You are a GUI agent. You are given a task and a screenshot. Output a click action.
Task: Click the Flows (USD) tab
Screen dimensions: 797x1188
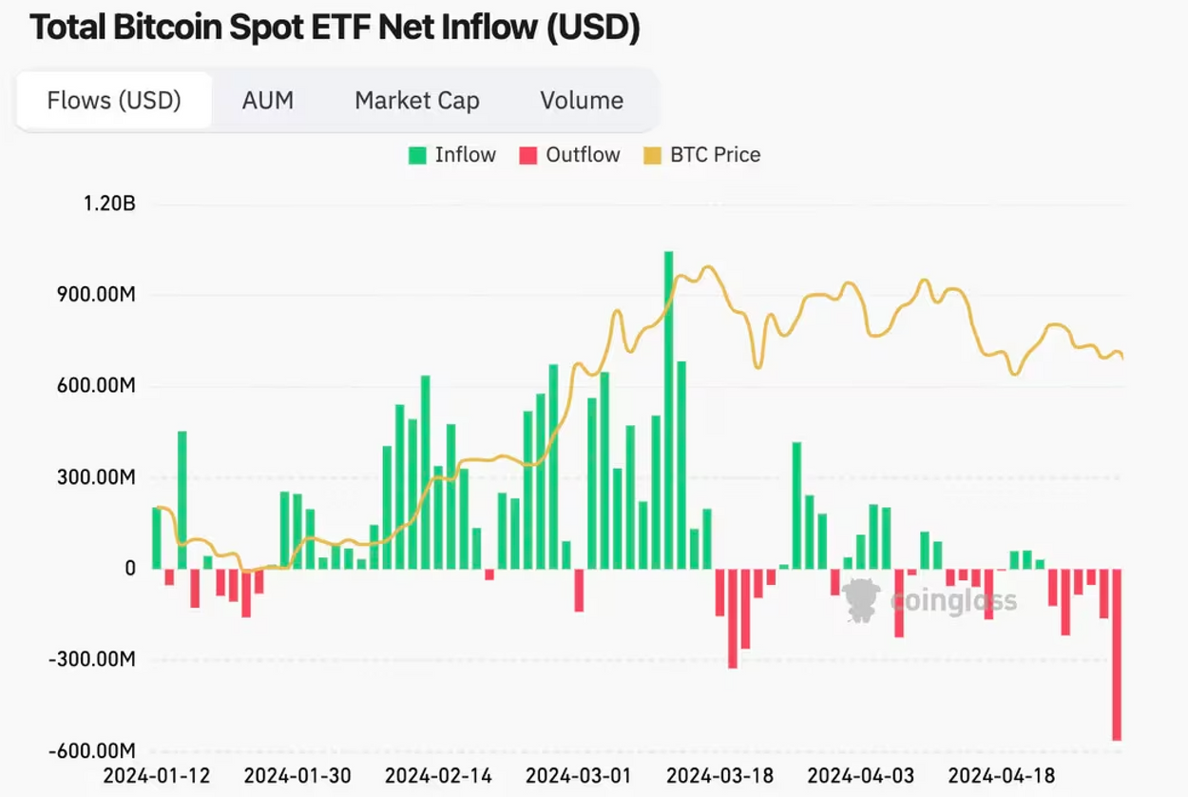114,101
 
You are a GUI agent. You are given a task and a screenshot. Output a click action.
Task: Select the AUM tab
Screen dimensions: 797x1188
268,101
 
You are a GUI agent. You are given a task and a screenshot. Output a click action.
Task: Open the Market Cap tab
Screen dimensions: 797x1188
417,101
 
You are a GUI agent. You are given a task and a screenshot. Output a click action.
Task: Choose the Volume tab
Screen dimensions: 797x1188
582,101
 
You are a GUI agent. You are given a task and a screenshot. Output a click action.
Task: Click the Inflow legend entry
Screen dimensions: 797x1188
452,155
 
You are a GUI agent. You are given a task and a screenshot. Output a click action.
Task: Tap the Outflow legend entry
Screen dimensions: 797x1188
569,155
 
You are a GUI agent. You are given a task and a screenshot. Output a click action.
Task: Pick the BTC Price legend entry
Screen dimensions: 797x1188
702,155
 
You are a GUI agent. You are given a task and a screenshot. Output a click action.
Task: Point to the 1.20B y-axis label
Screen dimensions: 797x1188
109,204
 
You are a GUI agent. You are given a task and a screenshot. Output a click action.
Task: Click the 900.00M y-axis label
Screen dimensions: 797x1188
95,295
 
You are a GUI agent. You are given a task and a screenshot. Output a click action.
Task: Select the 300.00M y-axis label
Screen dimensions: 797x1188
95,477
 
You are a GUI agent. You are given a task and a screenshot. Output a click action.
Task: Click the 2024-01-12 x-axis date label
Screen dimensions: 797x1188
156,776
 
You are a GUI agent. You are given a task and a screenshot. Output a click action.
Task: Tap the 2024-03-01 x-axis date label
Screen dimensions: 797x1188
579,776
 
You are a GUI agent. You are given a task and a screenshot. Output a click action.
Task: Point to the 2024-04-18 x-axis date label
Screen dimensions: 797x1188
1002,776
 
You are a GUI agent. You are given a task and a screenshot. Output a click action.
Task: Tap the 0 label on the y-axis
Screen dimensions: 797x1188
129,569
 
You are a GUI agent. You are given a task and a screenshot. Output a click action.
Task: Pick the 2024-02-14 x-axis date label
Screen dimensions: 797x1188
438,776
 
